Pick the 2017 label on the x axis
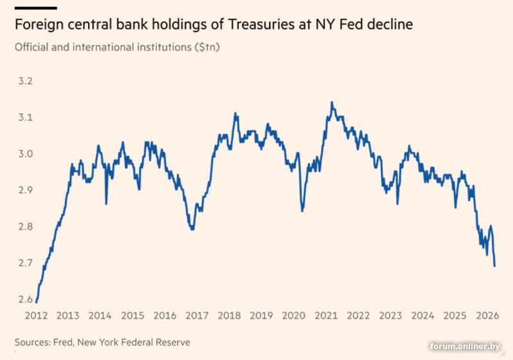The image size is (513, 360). tap(197, 316)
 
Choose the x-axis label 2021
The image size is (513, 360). tap(326, 316)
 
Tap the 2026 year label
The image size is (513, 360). tap(488, 316)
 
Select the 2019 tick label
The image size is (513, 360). tap(262, 316)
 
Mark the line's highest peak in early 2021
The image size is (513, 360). tap(332, 102)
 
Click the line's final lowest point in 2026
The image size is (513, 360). tap(494, 266)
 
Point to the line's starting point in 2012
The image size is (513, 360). tap(37, 302)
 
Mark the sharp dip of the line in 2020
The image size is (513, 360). tap(302, 210)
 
